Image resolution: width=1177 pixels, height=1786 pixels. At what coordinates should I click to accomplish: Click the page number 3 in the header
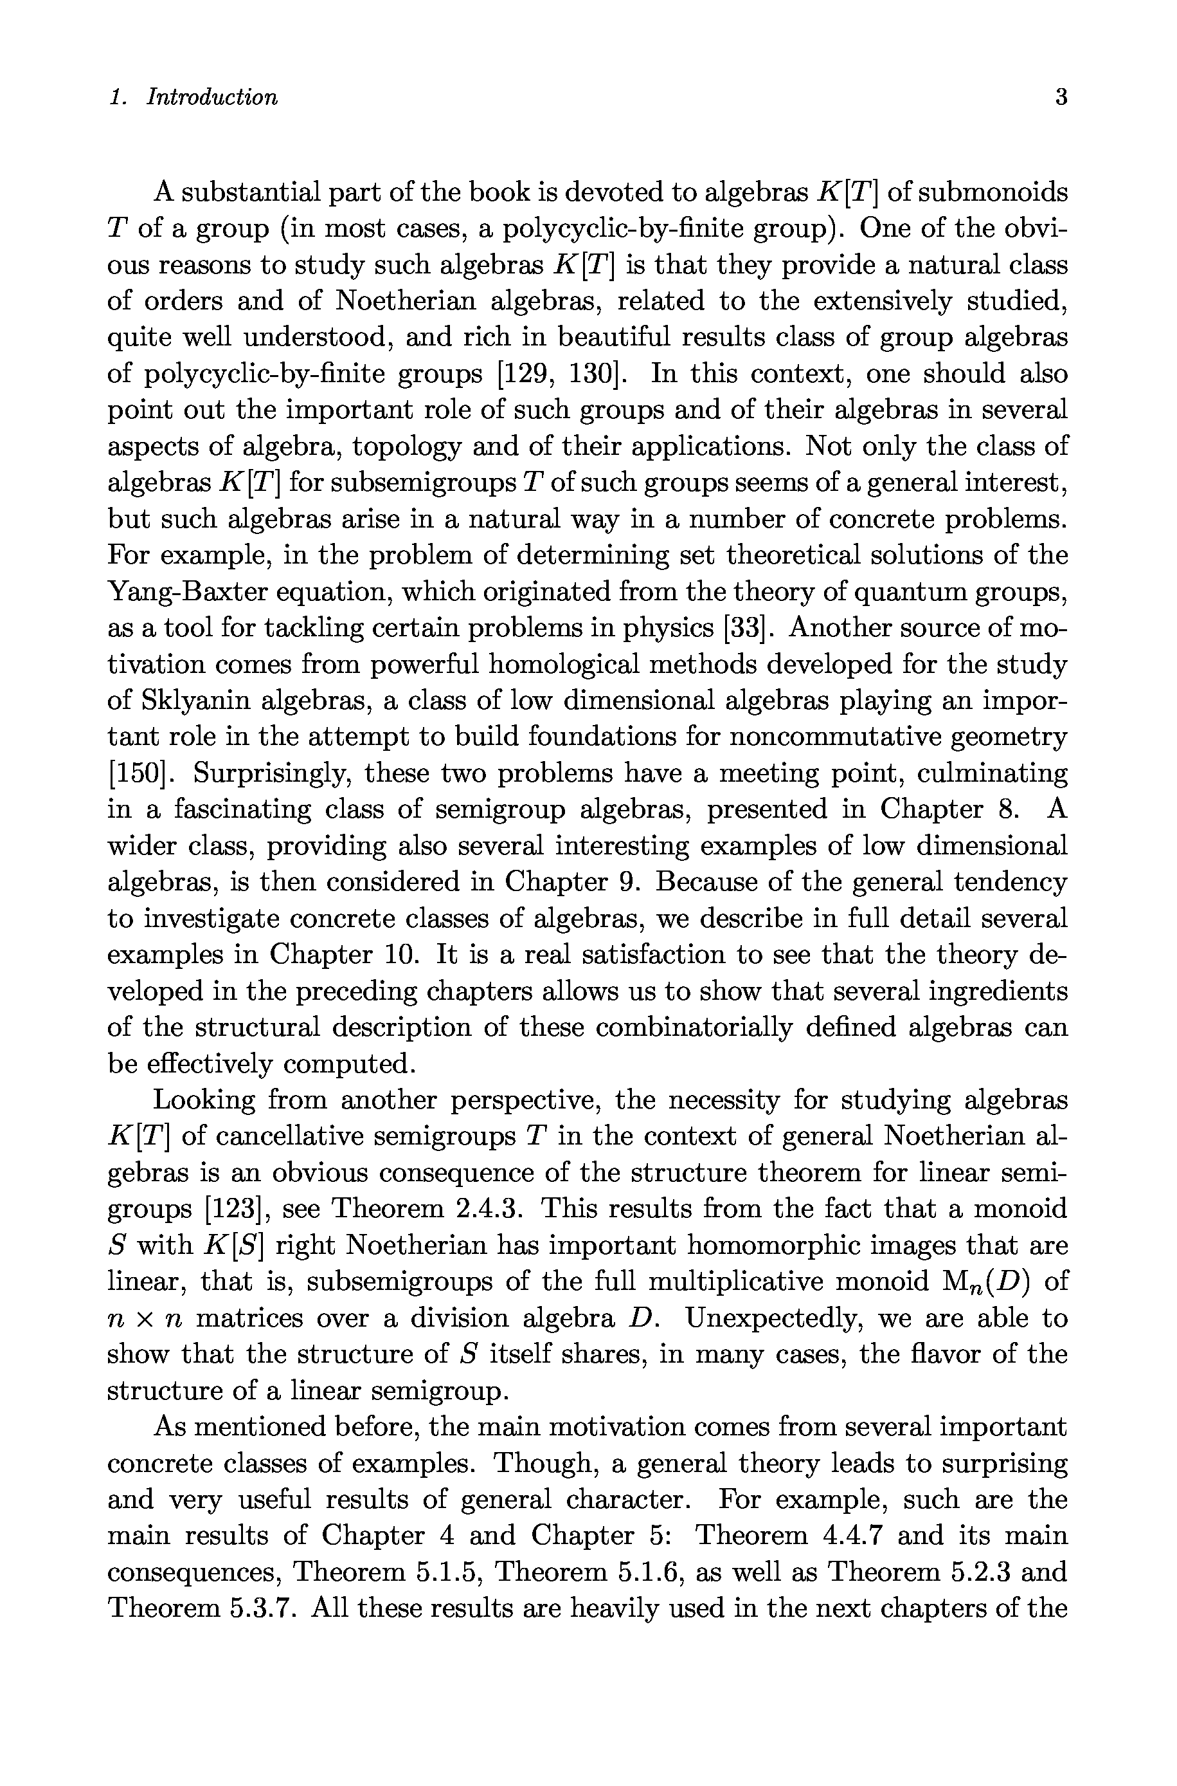point(1061,98)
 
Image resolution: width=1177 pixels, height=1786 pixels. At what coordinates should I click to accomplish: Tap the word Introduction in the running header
point(211,98)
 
